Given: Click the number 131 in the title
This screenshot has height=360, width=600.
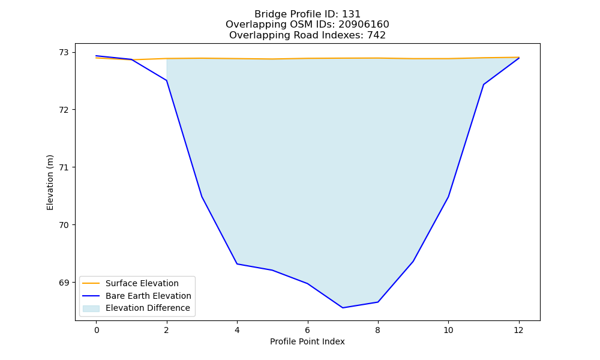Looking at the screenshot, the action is coord(351,14).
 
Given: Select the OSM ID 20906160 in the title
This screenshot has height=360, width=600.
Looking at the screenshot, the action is coord(364,25).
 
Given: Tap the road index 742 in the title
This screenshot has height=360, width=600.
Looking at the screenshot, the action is coord(376,35).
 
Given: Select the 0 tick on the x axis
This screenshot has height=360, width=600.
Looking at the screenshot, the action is coord(97,330).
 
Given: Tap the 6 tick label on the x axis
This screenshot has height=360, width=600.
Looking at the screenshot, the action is coord(308,330).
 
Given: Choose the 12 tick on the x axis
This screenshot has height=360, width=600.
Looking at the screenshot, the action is coord(519,330).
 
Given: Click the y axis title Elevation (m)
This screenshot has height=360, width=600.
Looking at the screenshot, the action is coord(50,182).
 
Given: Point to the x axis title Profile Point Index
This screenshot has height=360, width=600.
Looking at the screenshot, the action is coord(307,341).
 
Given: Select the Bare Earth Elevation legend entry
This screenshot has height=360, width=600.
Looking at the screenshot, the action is coord(137,296).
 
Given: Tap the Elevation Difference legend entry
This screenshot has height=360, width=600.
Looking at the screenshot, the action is coord(136,308).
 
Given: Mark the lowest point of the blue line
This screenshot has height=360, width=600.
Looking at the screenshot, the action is coord(343,308).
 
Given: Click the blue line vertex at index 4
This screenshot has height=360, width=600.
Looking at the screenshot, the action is coord(237,263).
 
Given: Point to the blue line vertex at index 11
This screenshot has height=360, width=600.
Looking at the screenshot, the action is coord(484,85).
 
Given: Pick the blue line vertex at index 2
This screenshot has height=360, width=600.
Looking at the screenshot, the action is coord(167,80).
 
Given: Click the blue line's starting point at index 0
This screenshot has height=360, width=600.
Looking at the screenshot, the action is coord(97,56).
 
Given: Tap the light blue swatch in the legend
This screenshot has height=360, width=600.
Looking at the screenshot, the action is coord(91,308).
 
